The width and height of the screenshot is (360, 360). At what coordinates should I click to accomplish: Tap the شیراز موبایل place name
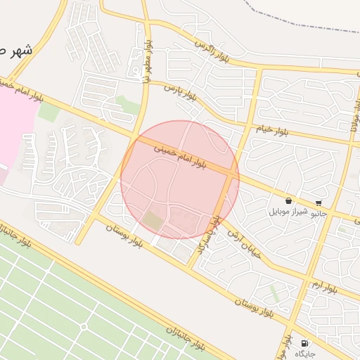[x=288, y=212]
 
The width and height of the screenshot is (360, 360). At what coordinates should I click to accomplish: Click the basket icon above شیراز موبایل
[x=288, y=201]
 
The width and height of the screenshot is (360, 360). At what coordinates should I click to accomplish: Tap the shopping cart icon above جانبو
[x=319, y=202]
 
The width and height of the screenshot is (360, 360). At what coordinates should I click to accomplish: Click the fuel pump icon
[x=304, y=343]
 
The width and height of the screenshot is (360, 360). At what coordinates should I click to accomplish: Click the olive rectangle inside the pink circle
[x=153, y=221]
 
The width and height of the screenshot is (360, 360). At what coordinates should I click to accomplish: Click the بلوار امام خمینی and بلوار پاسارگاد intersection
[x=230, y=172]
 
